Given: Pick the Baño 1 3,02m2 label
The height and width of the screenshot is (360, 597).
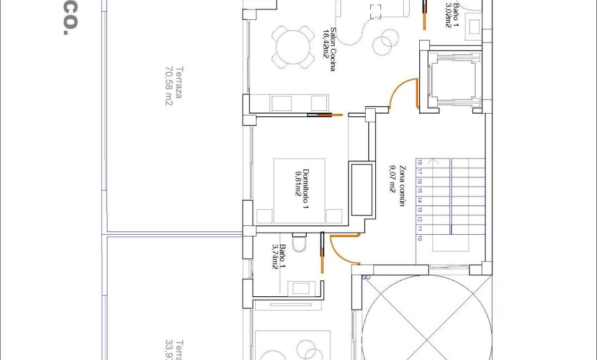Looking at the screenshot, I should coord(453,14).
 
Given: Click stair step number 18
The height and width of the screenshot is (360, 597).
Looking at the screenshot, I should coord(419,163).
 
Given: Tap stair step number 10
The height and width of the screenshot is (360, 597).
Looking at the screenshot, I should coord(419,239).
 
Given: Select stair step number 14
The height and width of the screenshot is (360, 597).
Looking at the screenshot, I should coord(419,201).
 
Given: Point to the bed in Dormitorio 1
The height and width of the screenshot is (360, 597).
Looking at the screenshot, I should coord(299,191).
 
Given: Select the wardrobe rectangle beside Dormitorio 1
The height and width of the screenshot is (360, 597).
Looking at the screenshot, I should coord(361,189).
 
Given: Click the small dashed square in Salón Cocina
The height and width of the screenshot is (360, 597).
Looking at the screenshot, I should coord(376,12).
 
